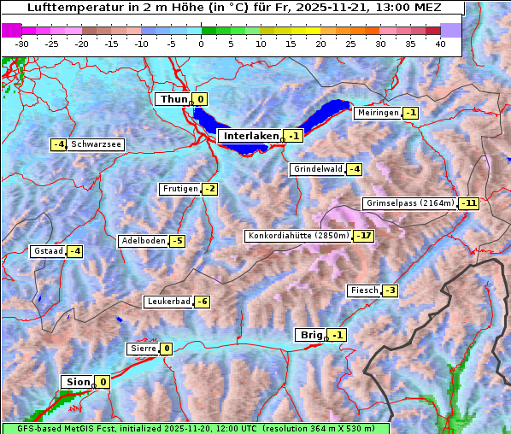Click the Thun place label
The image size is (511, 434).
[x=173, y=100]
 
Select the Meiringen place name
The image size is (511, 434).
[x=377, y=113]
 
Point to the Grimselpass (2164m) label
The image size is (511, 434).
[x=409, y=203]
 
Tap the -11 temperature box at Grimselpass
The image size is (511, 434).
[x=468, y=203]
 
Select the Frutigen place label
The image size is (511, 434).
[x=179, y=189]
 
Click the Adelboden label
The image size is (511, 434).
[x=143, y=241]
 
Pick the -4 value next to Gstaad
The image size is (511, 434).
[x=75, y=251]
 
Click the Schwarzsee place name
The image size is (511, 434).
[x=96, y=144]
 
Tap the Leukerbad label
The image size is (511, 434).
[x=167, y=302]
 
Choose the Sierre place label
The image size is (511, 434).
[x=142, y=349]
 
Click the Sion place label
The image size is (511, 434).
[x=75, y=382]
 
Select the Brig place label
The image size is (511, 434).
[x=309, y=335]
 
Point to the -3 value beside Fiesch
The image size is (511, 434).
[x=390, y=290]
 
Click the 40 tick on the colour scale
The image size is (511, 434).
[x=440, y=44]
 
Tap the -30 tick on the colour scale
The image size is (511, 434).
[x=22, y=44]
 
